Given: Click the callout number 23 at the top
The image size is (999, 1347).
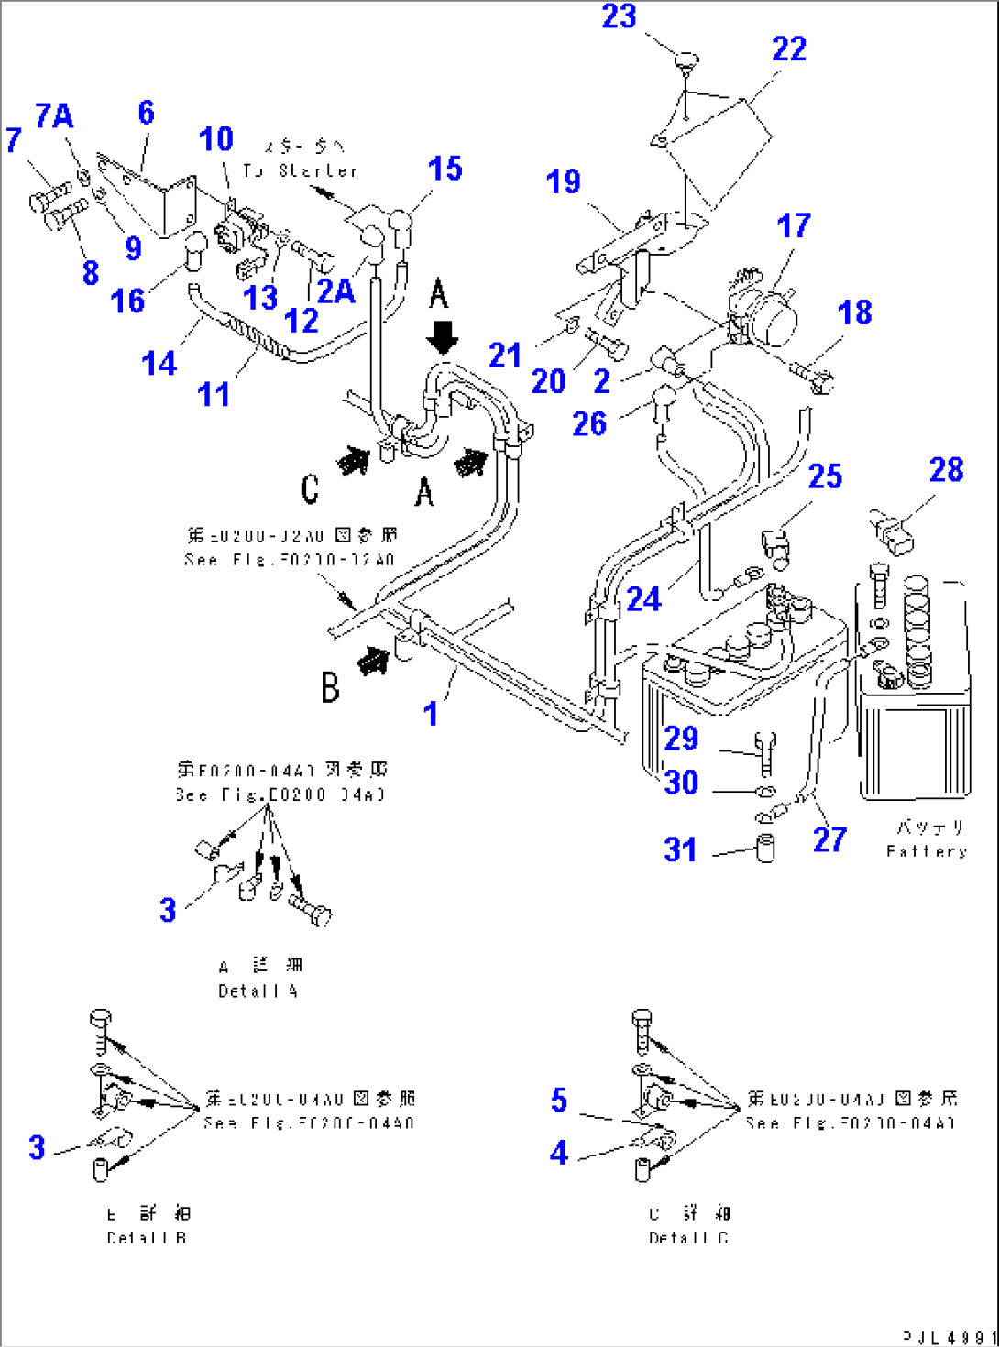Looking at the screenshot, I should pos(619,16).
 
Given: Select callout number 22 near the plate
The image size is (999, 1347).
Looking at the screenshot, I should pos(788,49).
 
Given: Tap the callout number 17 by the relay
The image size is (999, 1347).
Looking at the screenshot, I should pos(793,225).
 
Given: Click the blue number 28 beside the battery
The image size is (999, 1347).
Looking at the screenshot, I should pos(946,470).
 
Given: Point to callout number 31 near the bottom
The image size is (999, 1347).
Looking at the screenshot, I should pos(680,849).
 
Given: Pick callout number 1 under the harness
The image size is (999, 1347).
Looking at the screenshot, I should pos(431,714).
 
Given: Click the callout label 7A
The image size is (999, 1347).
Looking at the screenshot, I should pos(54,116).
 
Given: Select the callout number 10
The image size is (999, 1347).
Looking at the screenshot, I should pos(216,139).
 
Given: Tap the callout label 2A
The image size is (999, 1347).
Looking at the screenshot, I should pos(335,291).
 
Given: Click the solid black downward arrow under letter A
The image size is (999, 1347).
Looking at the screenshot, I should pos(443,337).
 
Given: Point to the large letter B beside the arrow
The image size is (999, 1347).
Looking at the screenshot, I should pos(330,687).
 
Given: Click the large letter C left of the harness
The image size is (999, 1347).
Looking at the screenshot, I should pos(310,489).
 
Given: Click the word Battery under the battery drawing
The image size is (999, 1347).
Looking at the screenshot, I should pos(927,851).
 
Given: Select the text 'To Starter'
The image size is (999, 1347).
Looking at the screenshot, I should pos(300,170).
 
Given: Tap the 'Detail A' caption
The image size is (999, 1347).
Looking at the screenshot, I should pos(258,991).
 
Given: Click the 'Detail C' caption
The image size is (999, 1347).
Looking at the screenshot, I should pos(688,1238).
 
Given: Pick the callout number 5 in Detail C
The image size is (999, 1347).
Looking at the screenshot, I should pos(559,1100).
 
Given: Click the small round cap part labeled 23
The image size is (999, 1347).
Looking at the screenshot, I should pos(686,62).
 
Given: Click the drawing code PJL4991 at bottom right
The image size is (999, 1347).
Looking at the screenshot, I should pos(950,1337).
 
